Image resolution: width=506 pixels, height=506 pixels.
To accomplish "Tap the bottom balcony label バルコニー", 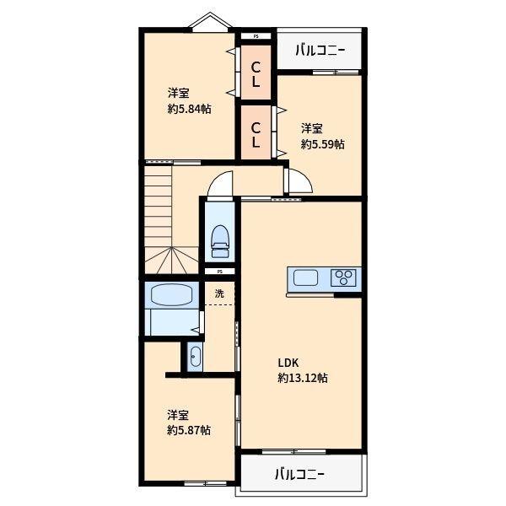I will click(299, 474).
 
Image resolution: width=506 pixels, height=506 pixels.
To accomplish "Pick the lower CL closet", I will click(256, 135).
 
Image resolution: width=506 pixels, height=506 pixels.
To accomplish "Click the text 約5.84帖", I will click(189, 109).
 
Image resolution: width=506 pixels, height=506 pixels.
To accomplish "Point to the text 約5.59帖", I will click(323, 144).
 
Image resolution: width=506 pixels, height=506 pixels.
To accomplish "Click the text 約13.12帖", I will click(303, 378).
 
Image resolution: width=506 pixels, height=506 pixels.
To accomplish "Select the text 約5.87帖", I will click(189, 430).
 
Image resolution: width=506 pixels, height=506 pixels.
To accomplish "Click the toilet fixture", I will click(220, 240).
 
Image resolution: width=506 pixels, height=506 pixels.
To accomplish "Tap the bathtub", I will click(171, 295).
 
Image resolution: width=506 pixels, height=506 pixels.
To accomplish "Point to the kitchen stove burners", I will click(345, 277).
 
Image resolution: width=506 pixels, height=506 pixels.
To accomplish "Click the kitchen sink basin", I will click(304, 277).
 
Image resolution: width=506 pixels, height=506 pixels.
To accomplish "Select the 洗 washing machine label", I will click(219, 293).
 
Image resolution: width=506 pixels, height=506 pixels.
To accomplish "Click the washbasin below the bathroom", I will click(195, 358).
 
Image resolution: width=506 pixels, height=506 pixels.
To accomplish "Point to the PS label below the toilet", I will click(219, 272).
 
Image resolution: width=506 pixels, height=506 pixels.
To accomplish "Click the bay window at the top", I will click(208, 23).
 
